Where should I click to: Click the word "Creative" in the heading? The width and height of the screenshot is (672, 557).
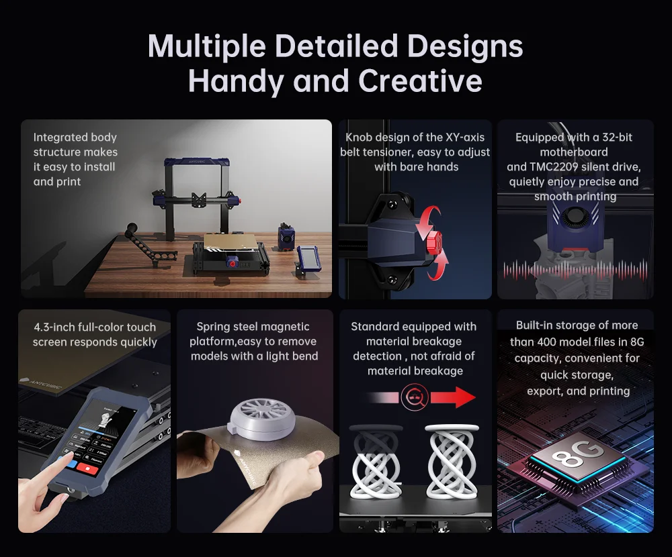point(420,81)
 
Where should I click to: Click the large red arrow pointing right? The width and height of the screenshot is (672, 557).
point(453,397)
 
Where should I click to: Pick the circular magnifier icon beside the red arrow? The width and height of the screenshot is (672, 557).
point(415,397)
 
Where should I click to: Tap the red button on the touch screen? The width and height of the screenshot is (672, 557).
point(87,468)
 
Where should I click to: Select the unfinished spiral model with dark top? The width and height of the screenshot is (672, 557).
point(376,462)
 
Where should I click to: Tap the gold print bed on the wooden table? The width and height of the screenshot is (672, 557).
point(230,243)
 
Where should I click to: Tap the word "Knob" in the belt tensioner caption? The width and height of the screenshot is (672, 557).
point(359,137)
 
